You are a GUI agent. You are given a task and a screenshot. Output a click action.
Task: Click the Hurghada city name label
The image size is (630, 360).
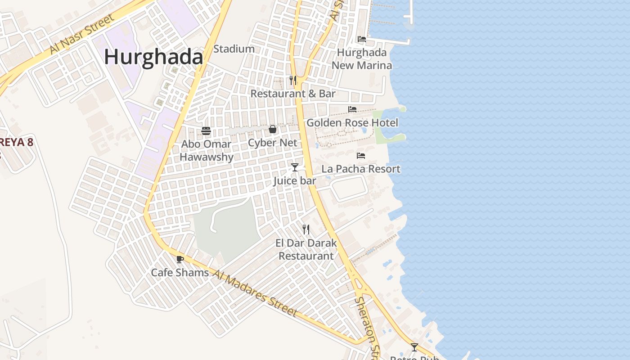153,58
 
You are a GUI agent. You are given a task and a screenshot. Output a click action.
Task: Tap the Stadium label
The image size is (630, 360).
234,49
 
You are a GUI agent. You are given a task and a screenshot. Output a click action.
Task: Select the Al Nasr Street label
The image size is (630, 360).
82,34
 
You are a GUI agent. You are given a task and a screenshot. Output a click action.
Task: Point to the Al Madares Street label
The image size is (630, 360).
255,293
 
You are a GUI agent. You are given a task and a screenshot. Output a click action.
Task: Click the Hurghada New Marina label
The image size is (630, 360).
362,59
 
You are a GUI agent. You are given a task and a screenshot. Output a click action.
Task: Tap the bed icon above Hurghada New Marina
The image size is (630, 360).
361,39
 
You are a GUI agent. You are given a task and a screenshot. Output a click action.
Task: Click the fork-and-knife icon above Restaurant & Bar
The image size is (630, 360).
293,80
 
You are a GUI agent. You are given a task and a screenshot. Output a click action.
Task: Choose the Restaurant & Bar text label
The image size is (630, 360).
293,94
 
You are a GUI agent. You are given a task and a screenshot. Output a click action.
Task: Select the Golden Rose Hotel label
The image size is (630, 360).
352,122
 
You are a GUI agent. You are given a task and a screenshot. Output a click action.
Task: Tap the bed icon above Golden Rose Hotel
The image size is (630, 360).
352,109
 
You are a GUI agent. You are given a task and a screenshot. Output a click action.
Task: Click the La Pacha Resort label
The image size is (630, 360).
361,169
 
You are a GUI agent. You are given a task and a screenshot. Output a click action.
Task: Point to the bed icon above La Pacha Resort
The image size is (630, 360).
361,156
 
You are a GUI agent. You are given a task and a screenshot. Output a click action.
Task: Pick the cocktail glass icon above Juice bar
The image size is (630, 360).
295,167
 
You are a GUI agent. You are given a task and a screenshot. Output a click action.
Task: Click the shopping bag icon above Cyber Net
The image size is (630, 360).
273,130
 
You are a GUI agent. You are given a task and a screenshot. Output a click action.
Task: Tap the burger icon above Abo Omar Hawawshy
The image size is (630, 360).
206,131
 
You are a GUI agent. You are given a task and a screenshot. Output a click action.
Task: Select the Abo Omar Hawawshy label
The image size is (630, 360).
207,150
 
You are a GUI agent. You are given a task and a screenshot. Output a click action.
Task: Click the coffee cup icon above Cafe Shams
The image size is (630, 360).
180,259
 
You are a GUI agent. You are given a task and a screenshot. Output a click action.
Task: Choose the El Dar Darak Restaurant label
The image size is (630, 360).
306,249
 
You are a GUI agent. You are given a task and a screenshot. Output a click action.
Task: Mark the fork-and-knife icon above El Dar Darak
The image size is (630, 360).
306,229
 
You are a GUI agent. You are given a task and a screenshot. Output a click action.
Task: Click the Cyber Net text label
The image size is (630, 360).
273,143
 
